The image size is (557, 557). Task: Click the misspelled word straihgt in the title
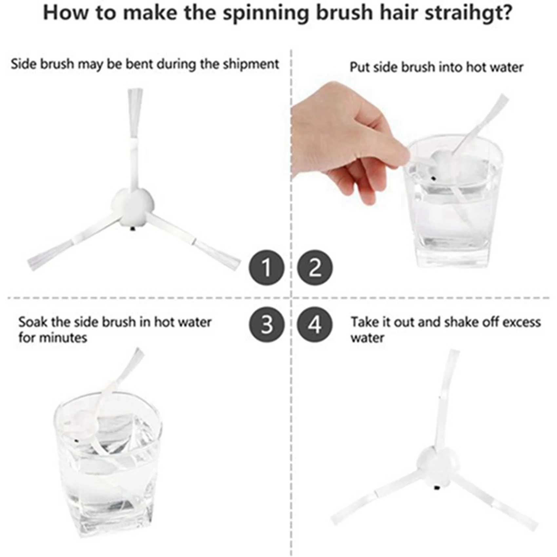click(x=468, y=13)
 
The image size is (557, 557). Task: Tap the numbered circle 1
click(x=266, y=267)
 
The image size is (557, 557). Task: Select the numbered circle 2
click(x=315, y=267)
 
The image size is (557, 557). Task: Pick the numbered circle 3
click(x=266, y=325)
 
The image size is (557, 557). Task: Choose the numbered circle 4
click(x=315, y=325)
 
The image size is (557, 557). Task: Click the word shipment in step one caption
click(x=251, y=64)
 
